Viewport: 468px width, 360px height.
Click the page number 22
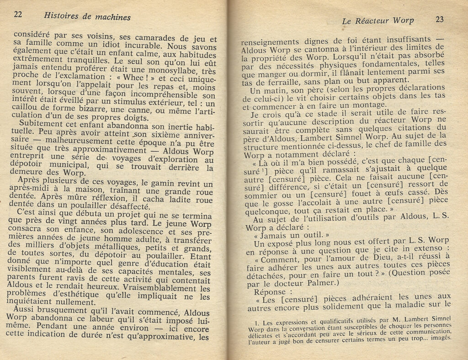coord(18,14)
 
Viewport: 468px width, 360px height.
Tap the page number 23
coord(440,19)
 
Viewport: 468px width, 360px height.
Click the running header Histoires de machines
coord(87,16)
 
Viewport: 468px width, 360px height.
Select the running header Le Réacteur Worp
coord(378,21)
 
